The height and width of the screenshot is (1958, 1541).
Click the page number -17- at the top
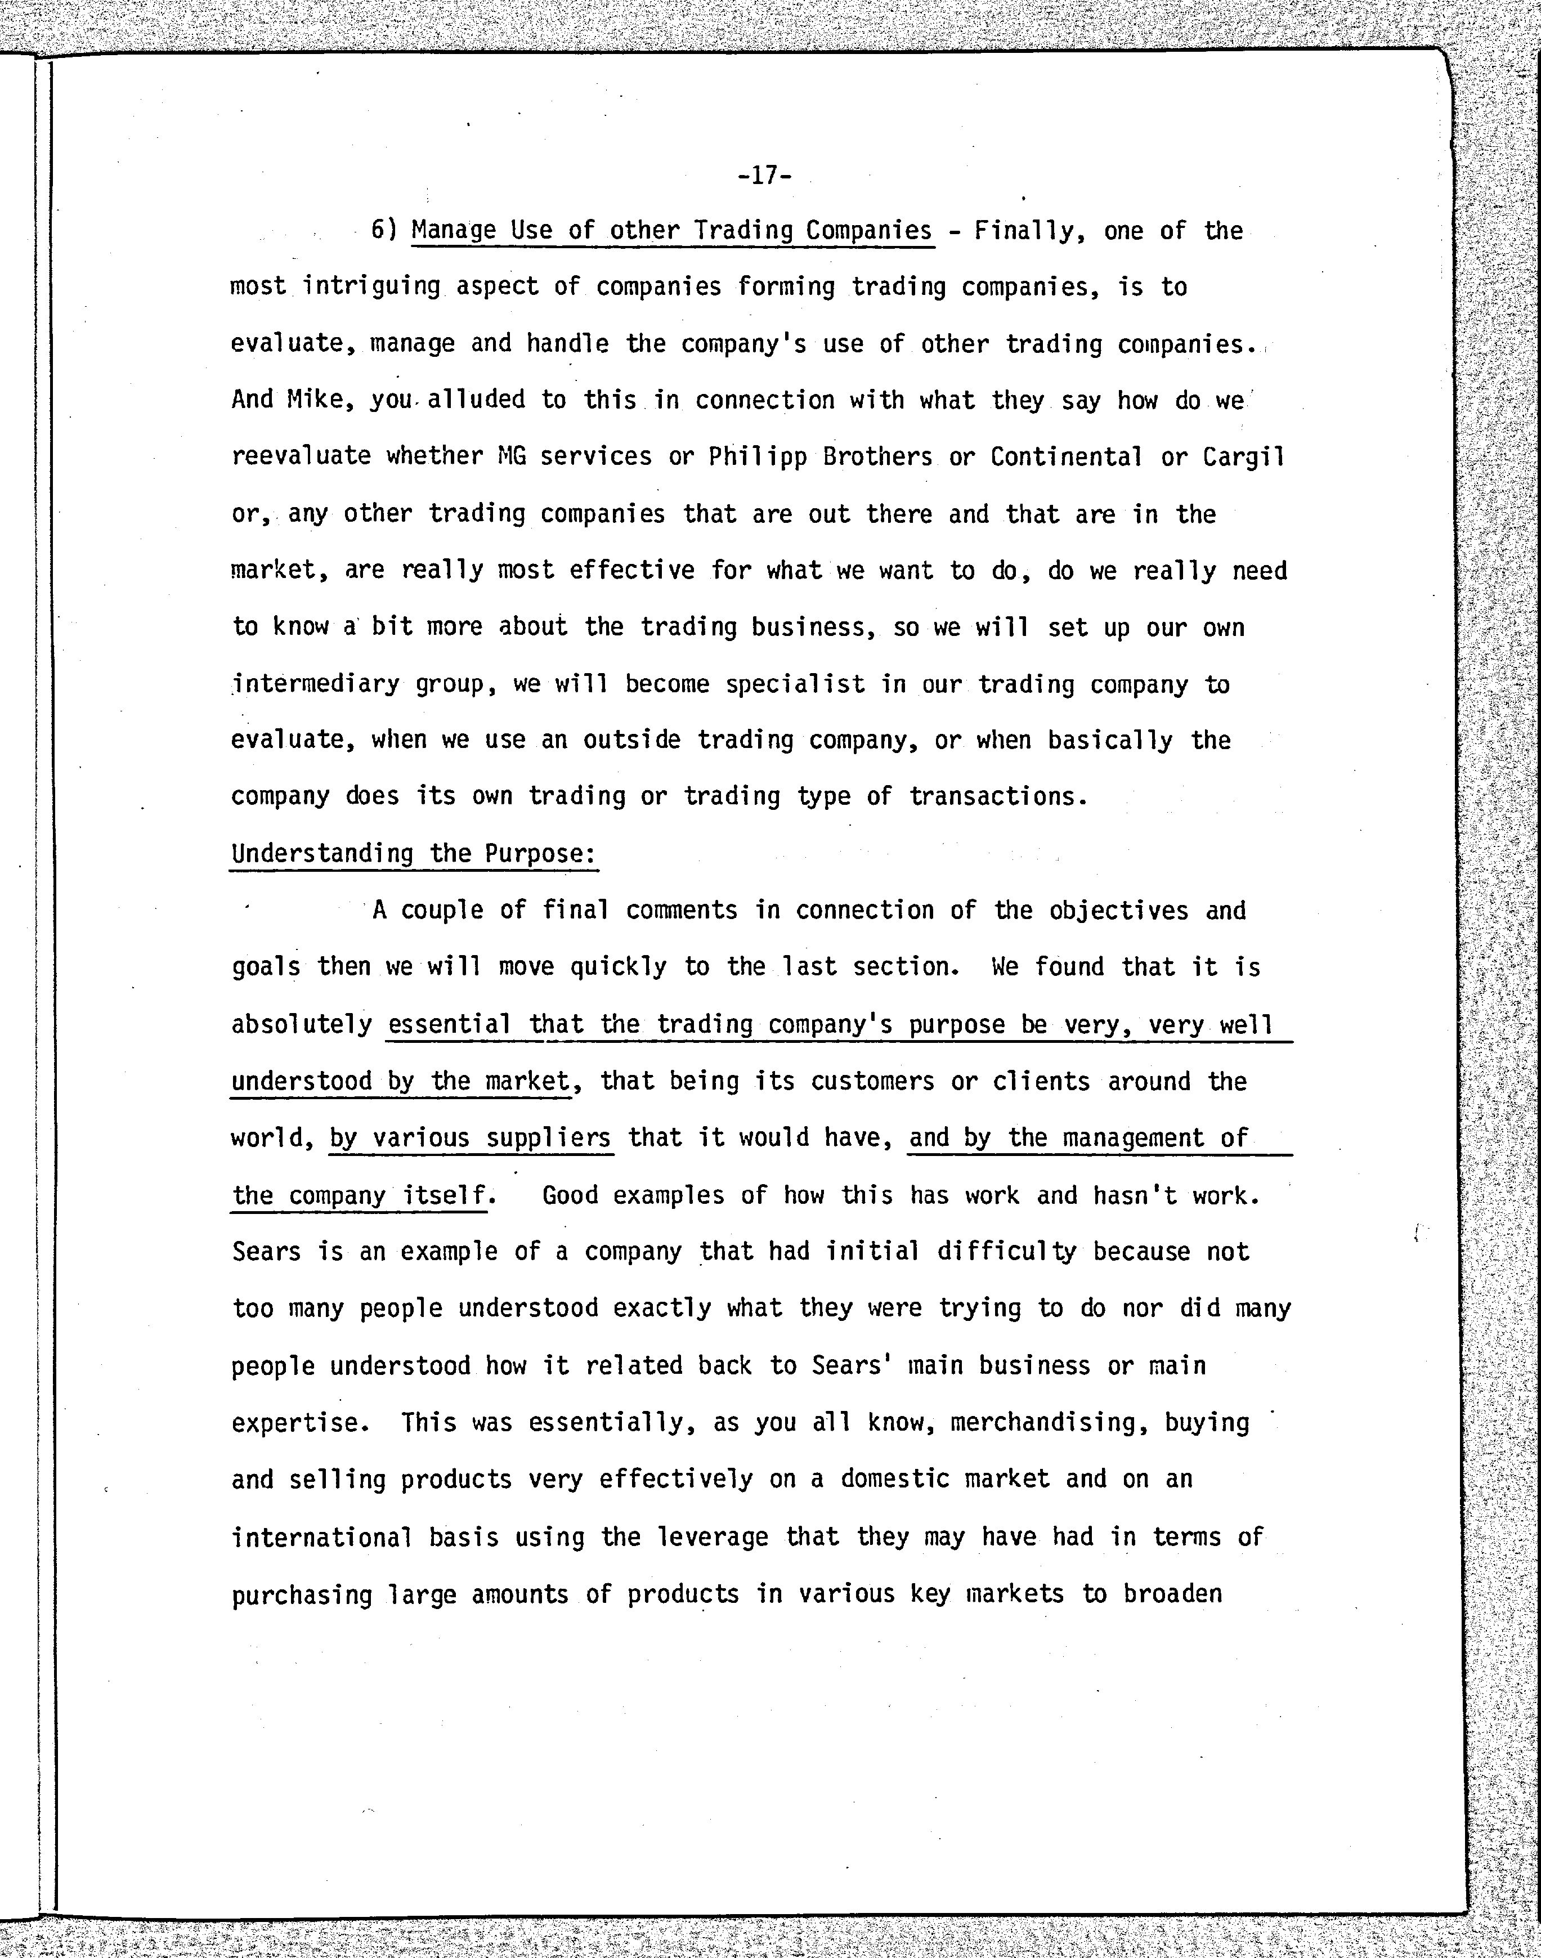tap(764, 175)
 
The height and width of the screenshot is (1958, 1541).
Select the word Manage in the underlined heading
tap(454, 231)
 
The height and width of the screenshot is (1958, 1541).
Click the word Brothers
tap(877, 456)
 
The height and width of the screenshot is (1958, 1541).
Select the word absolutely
tap(301, 1025)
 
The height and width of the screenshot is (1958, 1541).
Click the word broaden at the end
tap(1172, 1593)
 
